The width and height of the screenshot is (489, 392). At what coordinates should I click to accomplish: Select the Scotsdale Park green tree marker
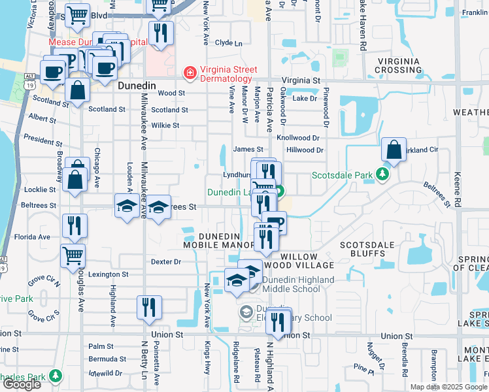point(384,175)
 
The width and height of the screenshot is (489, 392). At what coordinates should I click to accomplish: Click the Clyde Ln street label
point(228,43)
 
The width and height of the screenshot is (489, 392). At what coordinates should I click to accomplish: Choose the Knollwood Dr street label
point(298,139)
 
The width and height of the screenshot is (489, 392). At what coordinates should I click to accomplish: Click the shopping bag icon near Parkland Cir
point(394,150)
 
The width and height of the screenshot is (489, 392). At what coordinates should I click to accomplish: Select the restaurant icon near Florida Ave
point(75,226)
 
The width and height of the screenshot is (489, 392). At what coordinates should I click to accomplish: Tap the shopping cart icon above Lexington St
point(72,256)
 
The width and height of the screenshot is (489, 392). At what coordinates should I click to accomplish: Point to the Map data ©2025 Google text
point(448,387)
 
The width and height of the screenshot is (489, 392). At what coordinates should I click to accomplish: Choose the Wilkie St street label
point(165,125)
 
